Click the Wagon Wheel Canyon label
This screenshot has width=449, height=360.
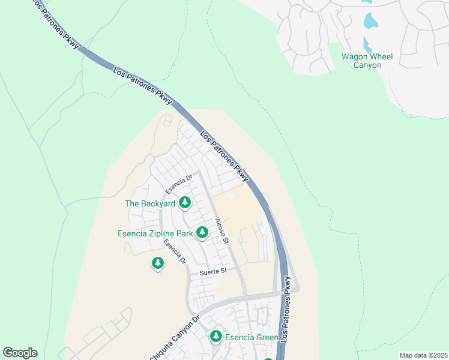pyautogui.click(x=367, y=61)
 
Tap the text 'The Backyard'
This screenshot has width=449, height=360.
pyautogui.click(x=150, y=203)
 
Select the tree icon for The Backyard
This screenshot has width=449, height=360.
pyautogui.click(x=185, y=203)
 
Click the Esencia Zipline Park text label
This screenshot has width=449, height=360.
pyautogui.click(x=155, y=233)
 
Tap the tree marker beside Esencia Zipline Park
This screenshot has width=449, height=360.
pyautogui.click(x=201, y=233)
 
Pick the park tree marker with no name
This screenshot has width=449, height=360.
pyautogui.click(x=158, y=263)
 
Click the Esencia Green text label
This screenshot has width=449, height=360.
pyautogui.click(x=252, y=338)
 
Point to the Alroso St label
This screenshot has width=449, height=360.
pyautogui.click(x=221, y=231)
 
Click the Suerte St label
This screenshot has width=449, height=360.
pyautogui.click(x=214, y=271)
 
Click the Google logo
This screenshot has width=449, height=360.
pyautogui.click(x=20, y=353)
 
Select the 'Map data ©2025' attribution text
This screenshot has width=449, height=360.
pyautogui.click(x=423, y=355)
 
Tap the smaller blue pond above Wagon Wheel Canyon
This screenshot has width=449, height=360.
pyautogui.click(x=367, y=44)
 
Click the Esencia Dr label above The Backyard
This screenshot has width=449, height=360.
pyautogui.click(x=179, y=183)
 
